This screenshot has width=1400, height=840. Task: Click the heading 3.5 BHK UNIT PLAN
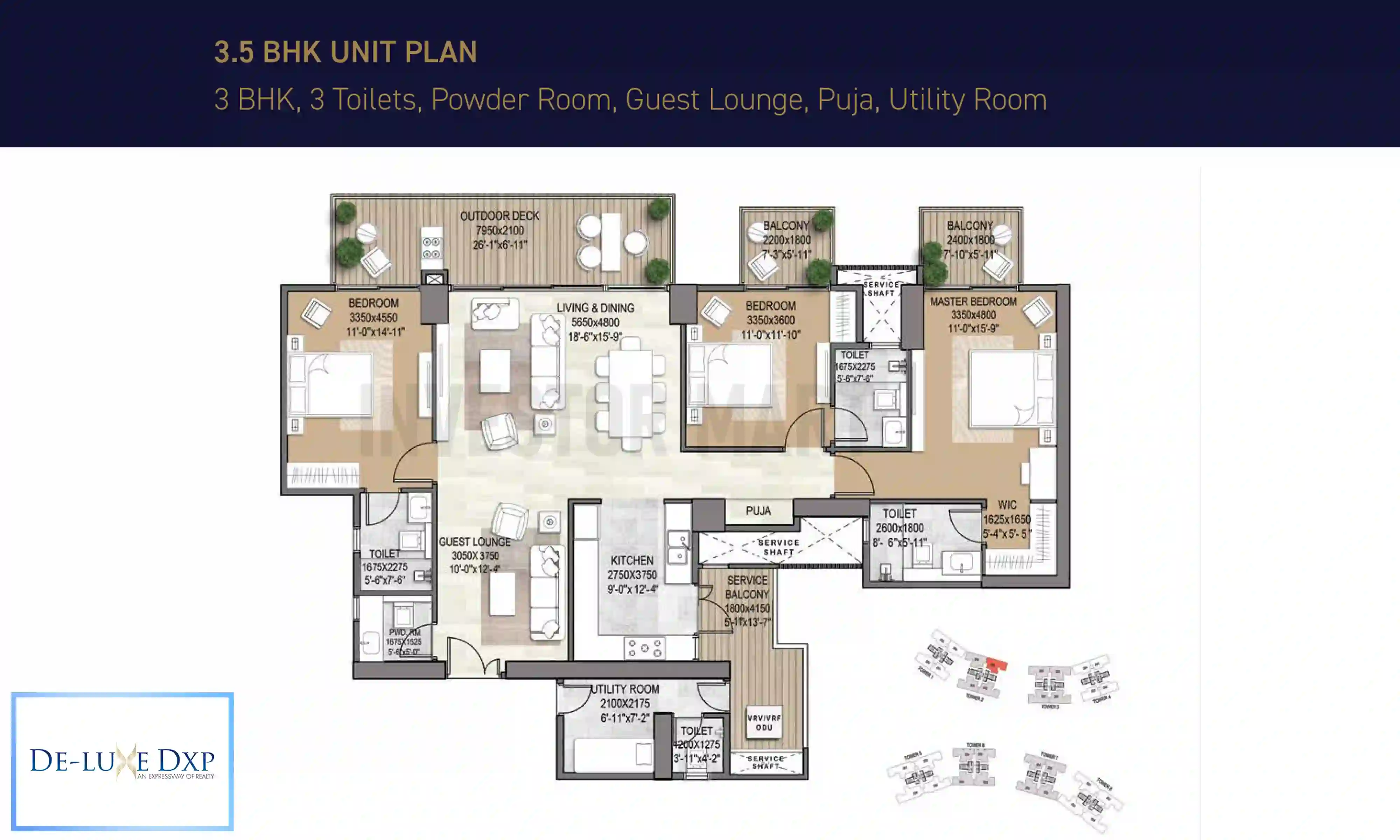pyautogui.click(x=345, y=52)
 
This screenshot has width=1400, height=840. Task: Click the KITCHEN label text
pyautogui.click(x=631, y=560)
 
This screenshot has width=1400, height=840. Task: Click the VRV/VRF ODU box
pyautogui.click(x=764, y=722)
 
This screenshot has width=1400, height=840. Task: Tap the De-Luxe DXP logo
pyautogui.click(x=122, y=761)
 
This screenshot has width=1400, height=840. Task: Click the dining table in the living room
pyautogui.click(x=630, y=394)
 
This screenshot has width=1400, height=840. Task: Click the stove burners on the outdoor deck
pyautogui.click(x=432, y=248)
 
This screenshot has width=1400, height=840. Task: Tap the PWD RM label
pyautogui.click(x=404, y=632)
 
